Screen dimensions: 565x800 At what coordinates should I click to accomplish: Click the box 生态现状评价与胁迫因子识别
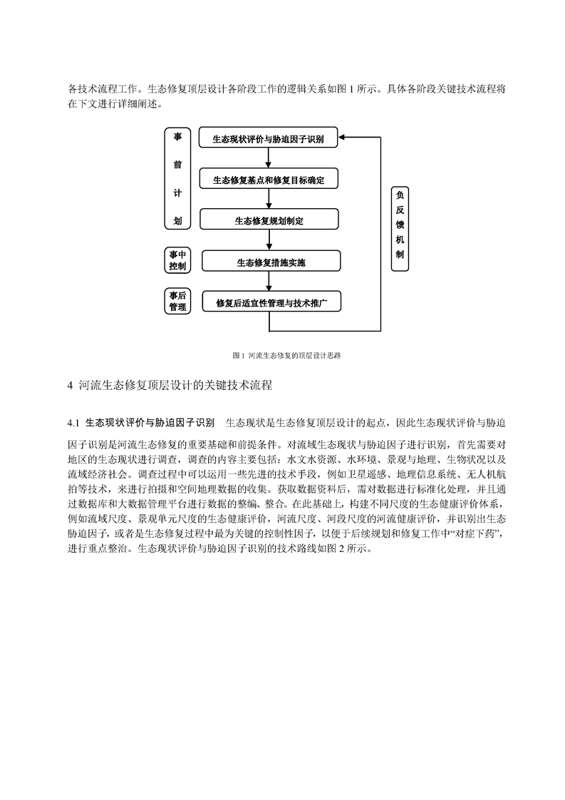tap(268, 138)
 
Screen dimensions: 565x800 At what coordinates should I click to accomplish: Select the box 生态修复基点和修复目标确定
tap(269, 178)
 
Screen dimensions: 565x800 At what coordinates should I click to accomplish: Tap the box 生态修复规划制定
tap(269, 220)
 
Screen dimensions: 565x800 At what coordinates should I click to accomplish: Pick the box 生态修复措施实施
tap(271, 261)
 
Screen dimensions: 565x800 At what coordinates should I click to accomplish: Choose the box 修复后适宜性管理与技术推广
tap(271, 302)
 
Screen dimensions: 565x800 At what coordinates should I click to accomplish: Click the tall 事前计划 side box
tap(177, 178)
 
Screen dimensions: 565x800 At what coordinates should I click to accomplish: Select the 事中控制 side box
tap(177, 260)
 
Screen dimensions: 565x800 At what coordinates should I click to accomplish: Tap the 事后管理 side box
tap(177, 301)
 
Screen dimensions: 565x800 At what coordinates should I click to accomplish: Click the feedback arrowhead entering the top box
tap(342, 137)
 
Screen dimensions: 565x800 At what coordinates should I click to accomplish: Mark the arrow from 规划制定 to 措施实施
tap(269, 240)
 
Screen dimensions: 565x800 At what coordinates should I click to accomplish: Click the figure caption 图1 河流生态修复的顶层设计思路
tap(286, 355)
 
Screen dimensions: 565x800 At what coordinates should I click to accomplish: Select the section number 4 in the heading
tap(71, 385)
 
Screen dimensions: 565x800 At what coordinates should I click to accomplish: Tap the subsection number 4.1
tap(74, 423)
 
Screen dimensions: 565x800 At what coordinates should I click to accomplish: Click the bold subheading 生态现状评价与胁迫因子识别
tap(150, 423)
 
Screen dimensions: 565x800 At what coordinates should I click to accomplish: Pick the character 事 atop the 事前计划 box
tap(177, 137)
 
